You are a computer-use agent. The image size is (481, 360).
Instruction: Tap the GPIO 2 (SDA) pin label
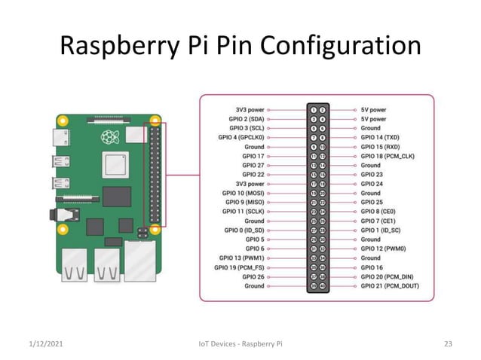(246, 118)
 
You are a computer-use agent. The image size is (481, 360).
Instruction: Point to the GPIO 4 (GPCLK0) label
(240, 137)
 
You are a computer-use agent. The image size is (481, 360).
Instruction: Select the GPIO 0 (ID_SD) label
(244, 230)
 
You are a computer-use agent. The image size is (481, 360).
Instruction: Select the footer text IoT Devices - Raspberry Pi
(240, 344)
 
